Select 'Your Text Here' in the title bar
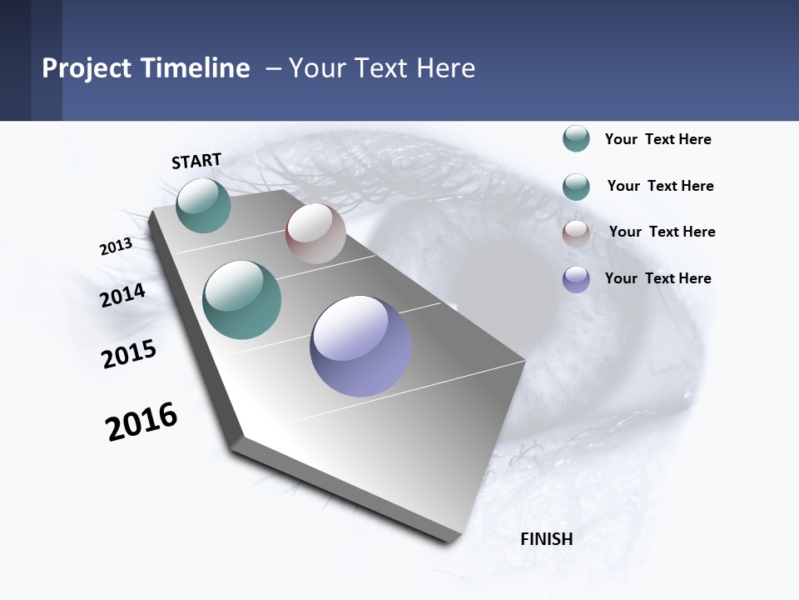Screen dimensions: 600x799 coord(382,68)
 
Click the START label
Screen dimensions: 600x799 coord(196,161)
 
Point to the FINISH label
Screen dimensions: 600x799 coord(547,539)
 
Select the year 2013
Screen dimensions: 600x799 coord(117,247)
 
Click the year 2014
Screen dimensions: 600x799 coord(123,295)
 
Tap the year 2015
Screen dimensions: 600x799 coord(129,353)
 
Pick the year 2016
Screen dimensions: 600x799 coord(141,422)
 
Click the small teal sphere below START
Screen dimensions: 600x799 coord(203,205)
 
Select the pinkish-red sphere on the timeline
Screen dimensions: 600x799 coord(315,233)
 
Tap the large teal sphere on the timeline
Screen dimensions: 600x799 coord(242,300)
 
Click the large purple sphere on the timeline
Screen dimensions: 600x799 coord(360,346)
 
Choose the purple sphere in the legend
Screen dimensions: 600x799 coord(576,279)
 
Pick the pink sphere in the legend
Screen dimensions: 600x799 coord(576,233)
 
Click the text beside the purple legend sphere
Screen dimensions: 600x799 coord(658,278)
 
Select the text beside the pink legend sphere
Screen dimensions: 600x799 coord(663,232)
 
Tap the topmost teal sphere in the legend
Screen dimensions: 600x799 coord(576,139)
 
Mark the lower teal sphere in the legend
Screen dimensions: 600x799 coord(576,187)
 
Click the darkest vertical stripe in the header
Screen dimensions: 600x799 coord(15,60)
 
